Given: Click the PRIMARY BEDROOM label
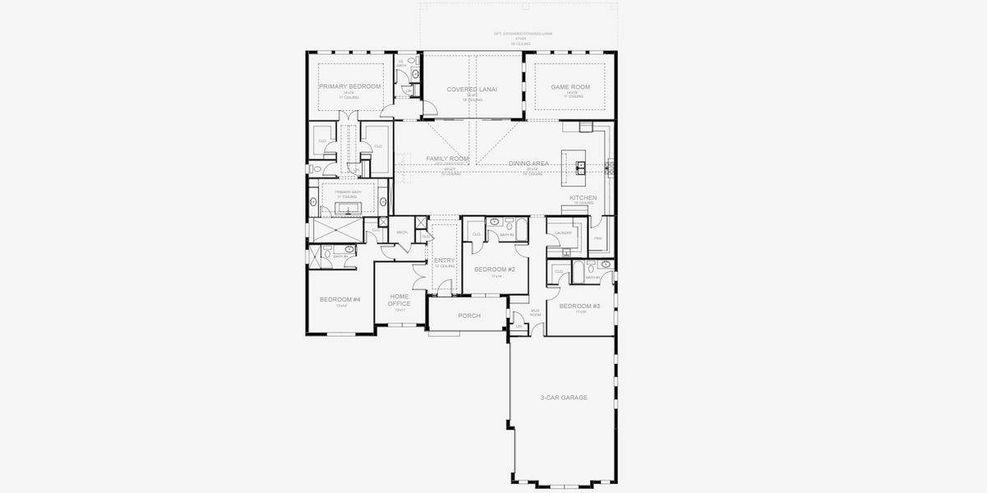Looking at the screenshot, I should pos(349,86).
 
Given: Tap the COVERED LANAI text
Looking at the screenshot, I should pos(472,89).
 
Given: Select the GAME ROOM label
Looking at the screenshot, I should pos(570,86).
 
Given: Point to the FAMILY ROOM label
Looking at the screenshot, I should pos(447,158).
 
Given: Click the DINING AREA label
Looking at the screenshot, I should pos(528,164).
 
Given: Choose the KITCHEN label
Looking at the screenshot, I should pos(583,198).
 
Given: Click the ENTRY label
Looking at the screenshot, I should pos(444,260).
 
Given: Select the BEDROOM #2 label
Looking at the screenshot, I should pos(496,270).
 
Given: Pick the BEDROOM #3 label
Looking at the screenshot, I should pos(579,306).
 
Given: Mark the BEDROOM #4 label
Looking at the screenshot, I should pos(339,299).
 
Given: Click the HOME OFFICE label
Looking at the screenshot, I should pos(399,300).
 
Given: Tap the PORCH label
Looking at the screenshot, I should pos(468,316).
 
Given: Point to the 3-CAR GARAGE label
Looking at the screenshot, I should pos(563,398).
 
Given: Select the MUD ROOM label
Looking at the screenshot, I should pos(535,313).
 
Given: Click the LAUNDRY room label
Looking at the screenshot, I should pos(563,233).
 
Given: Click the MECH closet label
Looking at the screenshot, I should pos(402,233).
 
